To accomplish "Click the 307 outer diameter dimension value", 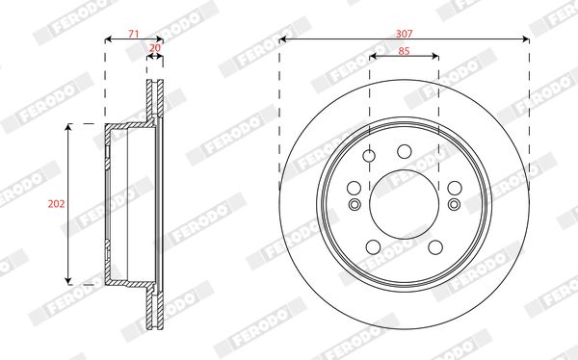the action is (x=404, y=34).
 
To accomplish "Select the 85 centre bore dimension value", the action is (x=404, y=51).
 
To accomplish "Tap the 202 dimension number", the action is (x=56, y=204).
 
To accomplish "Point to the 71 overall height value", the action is (x=134, y=34).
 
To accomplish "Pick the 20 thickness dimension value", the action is (x=155, y=48).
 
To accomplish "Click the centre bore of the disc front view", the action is (x=405, y=204).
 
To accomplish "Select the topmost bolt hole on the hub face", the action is (x=405, y=151).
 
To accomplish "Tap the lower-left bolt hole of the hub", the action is (x=373, y=246).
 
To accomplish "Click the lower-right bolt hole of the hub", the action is (x=435, y=246).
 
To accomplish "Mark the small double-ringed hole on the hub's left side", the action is (x=355, y=204).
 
